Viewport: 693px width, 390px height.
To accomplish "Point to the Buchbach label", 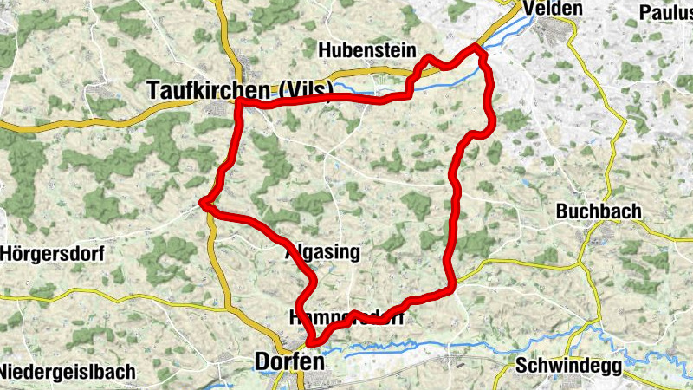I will click(598, 211).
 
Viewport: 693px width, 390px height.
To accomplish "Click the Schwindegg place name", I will click(567, 366).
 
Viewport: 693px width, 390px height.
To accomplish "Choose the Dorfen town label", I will click(290, 362).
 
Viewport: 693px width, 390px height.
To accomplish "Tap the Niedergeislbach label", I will click(68, 373).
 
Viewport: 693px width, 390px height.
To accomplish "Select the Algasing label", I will click(321, 252).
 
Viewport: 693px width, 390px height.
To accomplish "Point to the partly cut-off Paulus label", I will click(664, 12).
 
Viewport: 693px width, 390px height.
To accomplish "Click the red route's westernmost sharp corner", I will click(202, 204).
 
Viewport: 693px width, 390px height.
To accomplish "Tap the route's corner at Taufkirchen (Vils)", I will click(238, 103).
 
